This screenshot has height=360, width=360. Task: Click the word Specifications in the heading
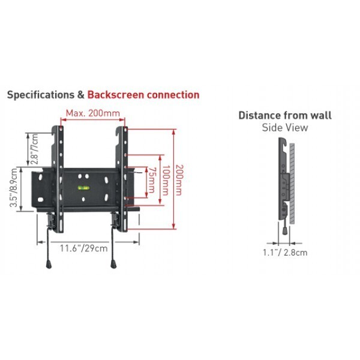(41, 95)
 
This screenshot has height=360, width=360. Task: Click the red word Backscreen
(116, 95)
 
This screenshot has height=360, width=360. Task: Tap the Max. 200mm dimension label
(93, 113)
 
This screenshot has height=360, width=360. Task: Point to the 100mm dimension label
(166, 180)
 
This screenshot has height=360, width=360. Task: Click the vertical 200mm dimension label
(179, 180)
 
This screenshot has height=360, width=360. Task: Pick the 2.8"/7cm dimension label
(34, 149)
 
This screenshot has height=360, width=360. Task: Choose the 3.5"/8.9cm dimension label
(14, 188)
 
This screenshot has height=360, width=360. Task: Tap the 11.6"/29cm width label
(84, 248)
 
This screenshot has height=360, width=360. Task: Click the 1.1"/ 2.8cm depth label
(285, 253)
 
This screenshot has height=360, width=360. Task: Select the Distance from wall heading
(285, 115)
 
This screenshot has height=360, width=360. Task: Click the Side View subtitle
(285, 127)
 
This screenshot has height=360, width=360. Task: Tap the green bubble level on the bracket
(83, 188)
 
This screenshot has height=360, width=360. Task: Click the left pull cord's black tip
(49, 264)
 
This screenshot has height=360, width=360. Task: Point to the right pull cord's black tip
(113, 264)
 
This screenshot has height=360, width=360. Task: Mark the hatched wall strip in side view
(292, 184)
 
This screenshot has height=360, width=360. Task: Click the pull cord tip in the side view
(284, 231)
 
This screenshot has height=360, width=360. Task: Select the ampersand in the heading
(81, 95)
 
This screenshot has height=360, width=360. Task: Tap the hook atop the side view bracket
(284, 142)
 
